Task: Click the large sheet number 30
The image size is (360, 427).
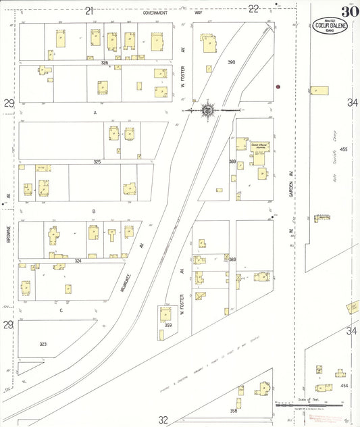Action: pos(349,11)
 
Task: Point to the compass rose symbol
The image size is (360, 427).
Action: pos(208,109)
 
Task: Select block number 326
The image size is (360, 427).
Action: pos(105,62)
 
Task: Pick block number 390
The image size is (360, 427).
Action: pos(231,62)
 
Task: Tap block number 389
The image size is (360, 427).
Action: pos(232,161)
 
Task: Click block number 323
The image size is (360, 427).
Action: pos(43,344)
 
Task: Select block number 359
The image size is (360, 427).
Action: pos(168,326)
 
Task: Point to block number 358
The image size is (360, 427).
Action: pos(234,410)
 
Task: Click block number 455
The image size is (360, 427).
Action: pos(343,149)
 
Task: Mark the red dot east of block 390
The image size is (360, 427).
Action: pos(278,86)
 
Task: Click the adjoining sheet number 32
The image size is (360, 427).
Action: pos(163,420)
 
